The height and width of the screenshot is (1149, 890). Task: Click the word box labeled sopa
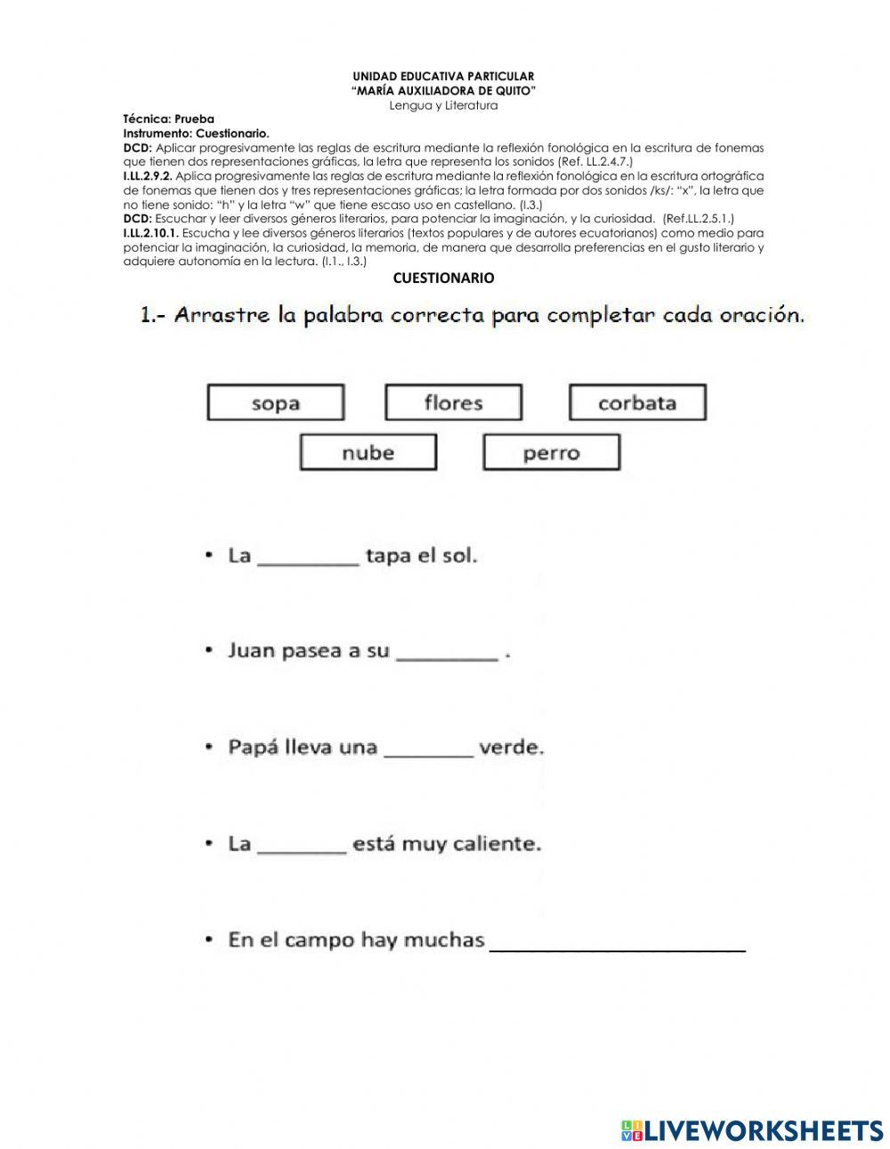point(275,402)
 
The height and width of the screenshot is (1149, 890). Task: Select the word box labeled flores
point(453,402)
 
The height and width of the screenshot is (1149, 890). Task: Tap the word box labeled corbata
point(637,402)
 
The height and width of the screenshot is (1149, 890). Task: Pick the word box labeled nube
point(368,452)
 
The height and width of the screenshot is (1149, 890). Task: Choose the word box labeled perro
point(551,452)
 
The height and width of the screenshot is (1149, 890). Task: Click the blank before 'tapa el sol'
point(308,557)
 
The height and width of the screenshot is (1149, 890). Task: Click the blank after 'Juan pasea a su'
point(447,652)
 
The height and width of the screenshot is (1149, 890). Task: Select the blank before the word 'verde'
point(428,748)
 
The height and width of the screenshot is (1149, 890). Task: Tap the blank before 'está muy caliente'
point(302,845)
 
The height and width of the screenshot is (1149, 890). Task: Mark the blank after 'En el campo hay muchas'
point(618,943)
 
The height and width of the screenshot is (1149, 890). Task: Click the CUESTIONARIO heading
point(443,279)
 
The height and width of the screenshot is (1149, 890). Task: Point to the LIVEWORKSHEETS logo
point(752,1129)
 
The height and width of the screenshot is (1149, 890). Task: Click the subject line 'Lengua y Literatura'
point(443,105)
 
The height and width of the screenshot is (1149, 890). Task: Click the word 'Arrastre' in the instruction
point(223,315)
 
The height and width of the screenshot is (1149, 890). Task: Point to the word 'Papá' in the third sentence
point(253,748)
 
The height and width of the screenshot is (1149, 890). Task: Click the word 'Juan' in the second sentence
point(251,651)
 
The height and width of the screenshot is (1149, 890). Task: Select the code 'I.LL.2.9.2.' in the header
point(148,176)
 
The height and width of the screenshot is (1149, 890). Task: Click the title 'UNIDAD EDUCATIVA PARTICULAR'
point(443,77)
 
